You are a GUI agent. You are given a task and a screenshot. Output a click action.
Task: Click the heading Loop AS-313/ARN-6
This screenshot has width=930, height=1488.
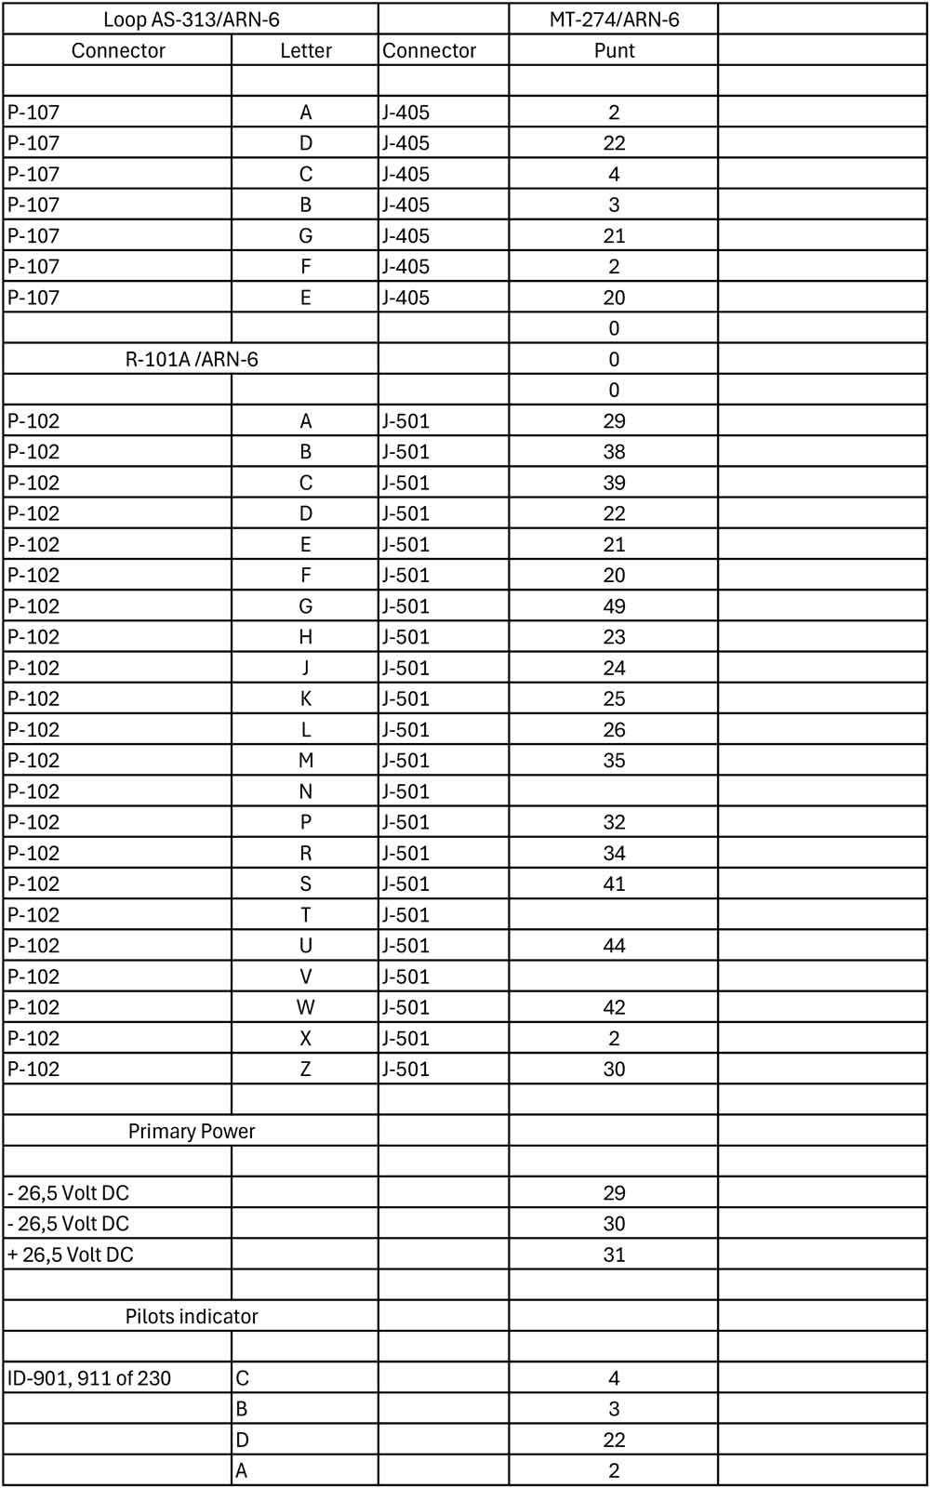tap(191, 20)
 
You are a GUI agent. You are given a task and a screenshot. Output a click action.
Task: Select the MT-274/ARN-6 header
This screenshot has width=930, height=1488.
tap(614, 20)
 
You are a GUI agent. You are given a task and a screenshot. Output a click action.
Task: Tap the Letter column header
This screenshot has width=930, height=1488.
tap(305, 50)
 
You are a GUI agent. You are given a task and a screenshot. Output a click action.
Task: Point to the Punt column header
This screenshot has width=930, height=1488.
tap(614, 50)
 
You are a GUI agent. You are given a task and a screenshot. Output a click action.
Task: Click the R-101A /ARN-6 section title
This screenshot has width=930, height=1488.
tap(191, 359)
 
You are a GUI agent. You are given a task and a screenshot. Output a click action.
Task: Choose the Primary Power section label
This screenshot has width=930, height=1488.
tap(191, 1131)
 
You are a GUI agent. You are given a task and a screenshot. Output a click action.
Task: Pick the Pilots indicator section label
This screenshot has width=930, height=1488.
tap(191, 1316)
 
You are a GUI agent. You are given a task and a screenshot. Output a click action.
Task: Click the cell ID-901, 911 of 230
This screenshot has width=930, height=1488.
tap(89, 1378)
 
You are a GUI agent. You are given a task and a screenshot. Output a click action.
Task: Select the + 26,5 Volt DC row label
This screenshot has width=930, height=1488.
tap(71, 1255)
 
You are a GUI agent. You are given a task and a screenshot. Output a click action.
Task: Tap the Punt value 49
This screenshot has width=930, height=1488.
tap(614, 606)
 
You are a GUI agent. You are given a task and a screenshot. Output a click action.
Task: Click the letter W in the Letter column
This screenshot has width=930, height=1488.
tap(305, 1007)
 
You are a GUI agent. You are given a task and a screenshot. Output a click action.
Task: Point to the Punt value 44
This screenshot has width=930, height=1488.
tap(614, 946)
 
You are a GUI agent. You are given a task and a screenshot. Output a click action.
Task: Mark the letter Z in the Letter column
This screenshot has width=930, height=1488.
tap(305, 1069)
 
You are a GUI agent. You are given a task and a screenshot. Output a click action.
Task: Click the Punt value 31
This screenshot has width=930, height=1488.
tap(614, 1255)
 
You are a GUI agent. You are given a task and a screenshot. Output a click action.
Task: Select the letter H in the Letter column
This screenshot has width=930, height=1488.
tap(305, 637)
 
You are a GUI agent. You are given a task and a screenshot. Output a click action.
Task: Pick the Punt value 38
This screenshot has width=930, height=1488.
tap(614, 452)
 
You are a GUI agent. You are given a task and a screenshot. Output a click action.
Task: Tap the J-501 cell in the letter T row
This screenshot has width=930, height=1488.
tap(406, 915)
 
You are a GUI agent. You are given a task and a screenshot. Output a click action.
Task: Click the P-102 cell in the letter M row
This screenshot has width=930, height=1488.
tap(33, 761)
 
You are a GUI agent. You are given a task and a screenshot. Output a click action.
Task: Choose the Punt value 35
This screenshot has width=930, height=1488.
tap(614, 761)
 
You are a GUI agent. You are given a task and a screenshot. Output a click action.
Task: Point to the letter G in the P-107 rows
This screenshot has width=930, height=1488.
tap(305, 236)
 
